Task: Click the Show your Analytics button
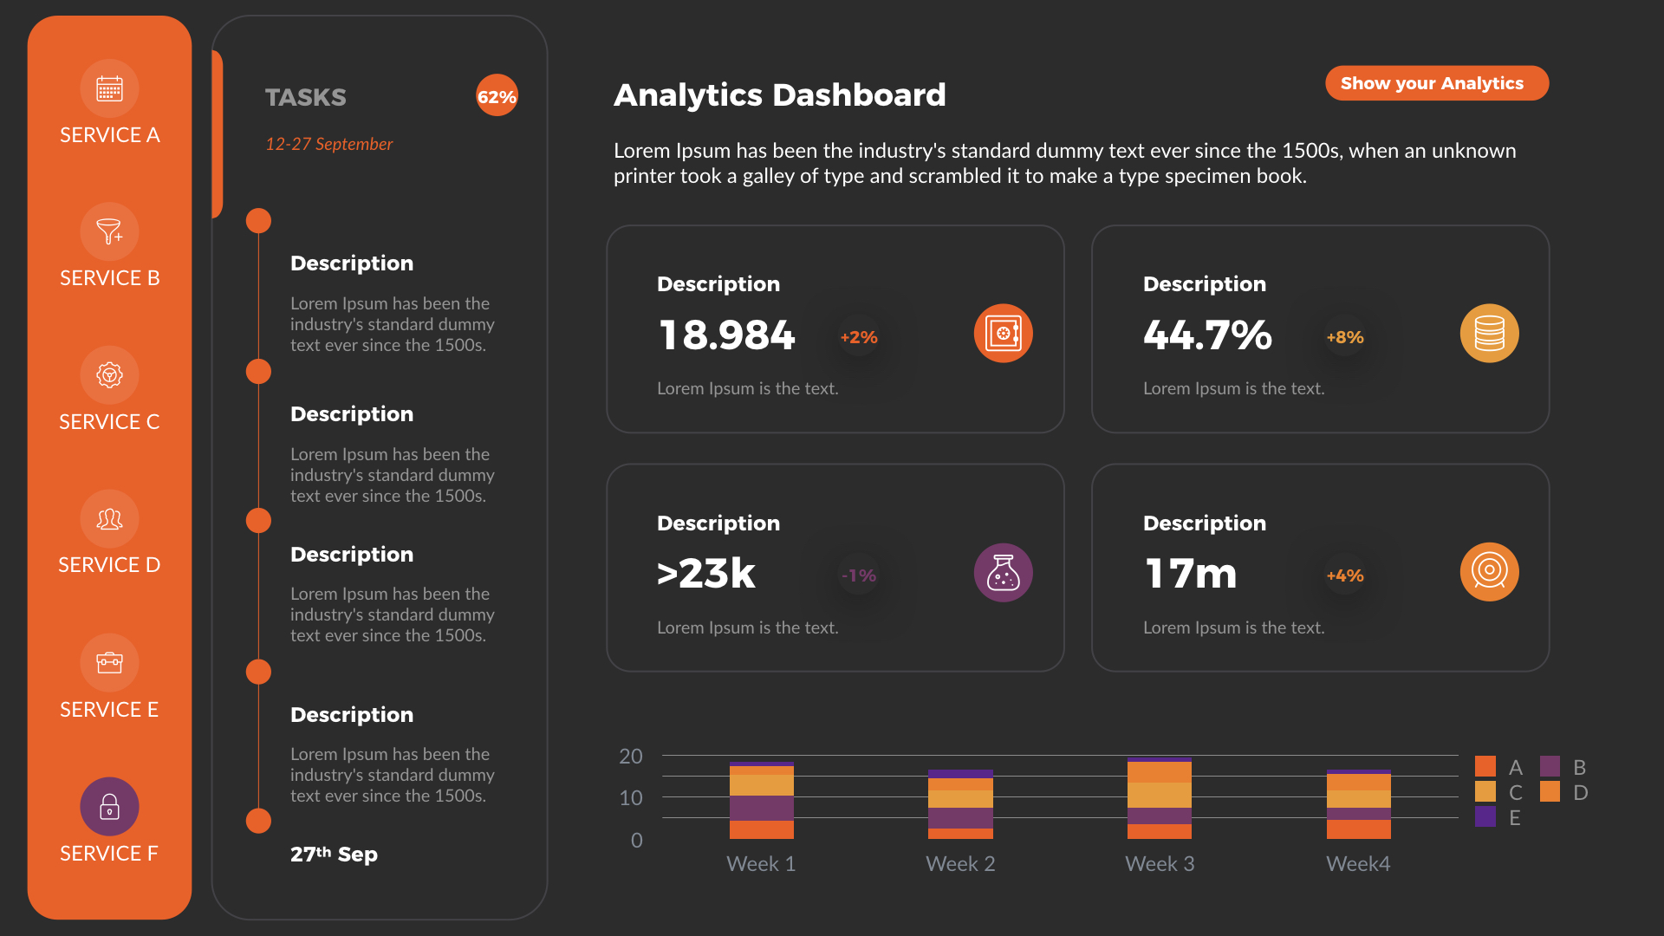[x=1436, y=83]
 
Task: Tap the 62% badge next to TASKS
[x=497, y=96]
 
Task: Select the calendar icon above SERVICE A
[x=109, y=88]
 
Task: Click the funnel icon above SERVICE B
[x=109, y=231]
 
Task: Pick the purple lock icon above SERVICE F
[x=109, y=806]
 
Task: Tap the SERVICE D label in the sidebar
[x=109, y=565]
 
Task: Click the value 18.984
[x=726, y=335]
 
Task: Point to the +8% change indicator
[x=1344, y=337]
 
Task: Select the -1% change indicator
[x=858, y=575]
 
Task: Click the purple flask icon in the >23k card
[x=1003, y=572]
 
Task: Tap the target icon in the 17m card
[x=1489, y=571]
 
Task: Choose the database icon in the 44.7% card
[x=1489, y=333]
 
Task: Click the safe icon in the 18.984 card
[x=1003, y=333]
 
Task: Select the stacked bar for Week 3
[x=1159, y=798]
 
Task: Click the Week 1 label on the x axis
[x=760, y=864]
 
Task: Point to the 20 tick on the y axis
[x=630, y=756]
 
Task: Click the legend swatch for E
[x=1485, y=816]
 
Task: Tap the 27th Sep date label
[x=334, y=855]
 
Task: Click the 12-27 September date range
[x=328, y=144]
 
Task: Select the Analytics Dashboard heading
[x=779, y=94]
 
